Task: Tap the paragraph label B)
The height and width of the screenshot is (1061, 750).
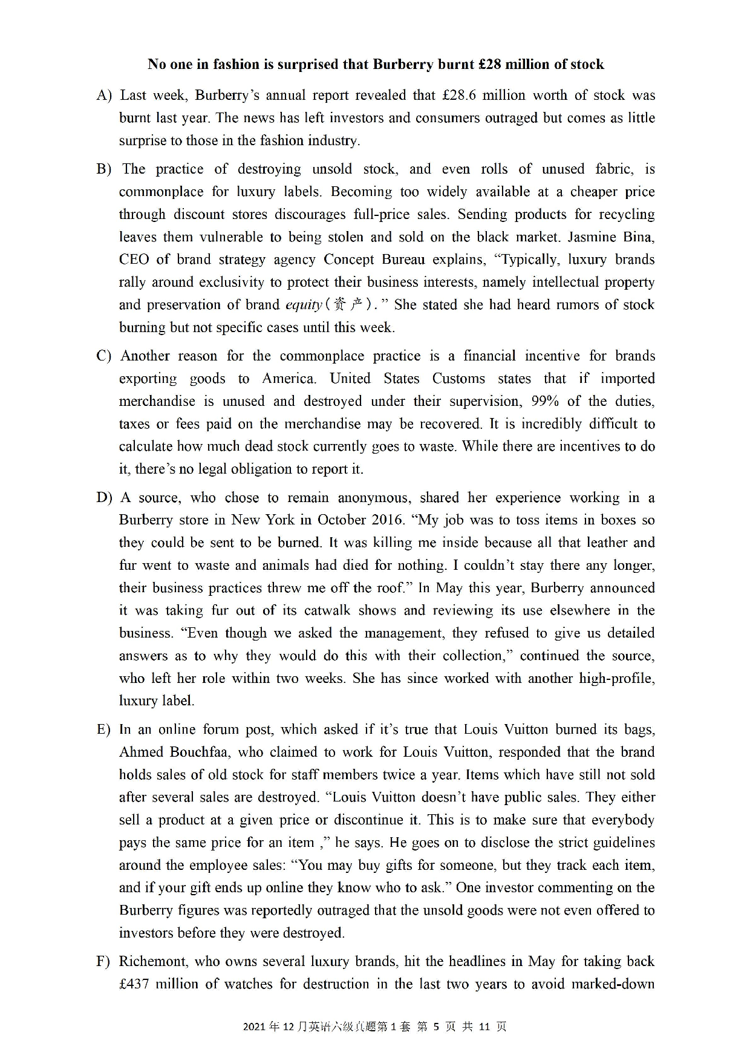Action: coord(103,169)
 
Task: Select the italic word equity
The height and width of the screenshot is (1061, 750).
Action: coord(303,305)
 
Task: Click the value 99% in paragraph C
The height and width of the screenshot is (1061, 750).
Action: coord(547,401)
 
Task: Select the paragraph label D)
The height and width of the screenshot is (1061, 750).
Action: coord(103,498)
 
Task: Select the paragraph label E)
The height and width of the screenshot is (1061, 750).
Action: coord(103,730)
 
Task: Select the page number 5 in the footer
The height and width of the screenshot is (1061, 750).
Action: coord(435,1027)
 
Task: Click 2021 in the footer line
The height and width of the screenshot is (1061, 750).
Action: coord(255,1027)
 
